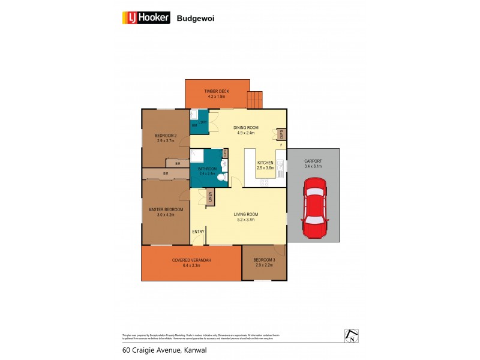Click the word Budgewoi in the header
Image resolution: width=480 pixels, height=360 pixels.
tap(196, 19)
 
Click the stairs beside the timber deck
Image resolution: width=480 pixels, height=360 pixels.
tap(256, 99)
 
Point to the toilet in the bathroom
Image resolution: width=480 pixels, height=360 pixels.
tap(221, 178)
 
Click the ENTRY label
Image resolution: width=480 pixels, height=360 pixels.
tap(198, 232)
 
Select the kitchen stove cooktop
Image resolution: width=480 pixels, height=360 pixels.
tap(280, 181)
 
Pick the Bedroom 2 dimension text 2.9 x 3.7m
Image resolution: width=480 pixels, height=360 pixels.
tap(166, 141)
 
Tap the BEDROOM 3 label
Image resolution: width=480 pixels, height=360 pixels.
tap(263, 260)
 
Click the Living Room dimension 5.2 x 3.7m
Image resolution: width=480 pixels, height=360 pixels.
tap(246, 219)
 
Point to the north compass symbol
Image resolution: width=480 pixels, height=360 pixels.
tap(351, 336)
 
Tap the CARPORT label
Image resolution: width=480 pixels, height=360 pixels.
tap(313, 161)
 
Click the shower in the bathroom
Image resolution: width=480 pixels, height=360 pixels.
tap(199, 156)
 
